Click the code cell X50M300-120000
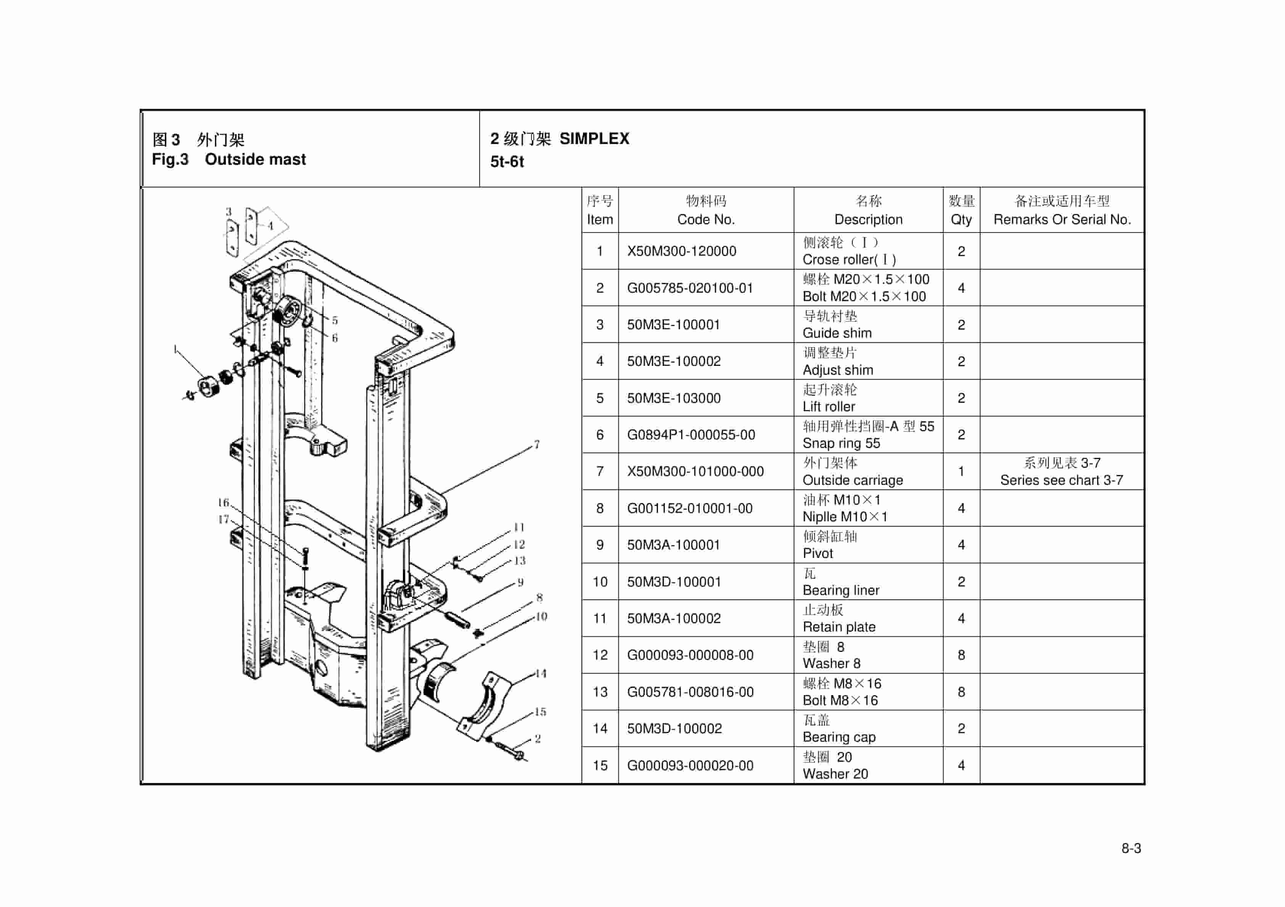(681, 251)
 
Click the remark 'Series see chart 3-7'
(1061, 480)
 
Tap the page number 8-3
(1130, 848)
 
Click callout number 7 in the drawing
(536, 445)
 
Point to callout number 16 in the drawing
(223, 502)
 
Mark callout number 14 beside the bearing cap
(540, 673)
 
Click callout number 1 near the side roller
(176, 349)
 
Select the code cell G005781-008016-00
(689, 692)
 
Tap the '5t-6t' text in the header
(507, 162)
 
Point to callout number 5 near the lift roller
(335, 320)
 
